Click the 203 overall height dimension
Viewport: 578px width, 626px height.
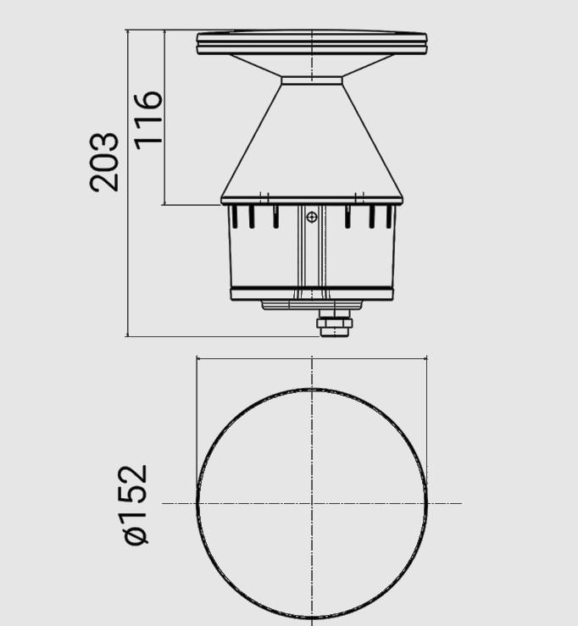[105, 161]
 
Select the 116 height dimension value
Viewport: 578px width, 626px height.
[148, 117]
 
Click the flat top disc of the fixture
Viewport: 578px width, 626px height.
[312, 43]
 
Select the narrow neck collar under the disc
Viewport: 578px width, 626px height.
[312, 80]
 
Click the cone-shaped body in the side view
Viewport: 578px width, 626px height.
[312, 144]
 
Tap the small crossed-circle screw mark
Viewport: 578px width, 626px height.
[312, 218]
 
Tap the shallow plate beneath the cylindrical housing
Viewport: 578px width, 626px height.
[312, 305]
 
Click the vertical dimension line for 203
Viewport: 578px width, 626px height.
[127, 254]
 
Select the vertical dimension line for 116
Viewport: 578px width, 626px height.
[164, 169]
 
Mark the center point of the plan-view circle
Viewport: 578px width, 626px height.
[312, 504]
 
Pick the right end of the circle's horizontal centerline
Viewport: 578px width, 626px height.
[460, 504]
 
